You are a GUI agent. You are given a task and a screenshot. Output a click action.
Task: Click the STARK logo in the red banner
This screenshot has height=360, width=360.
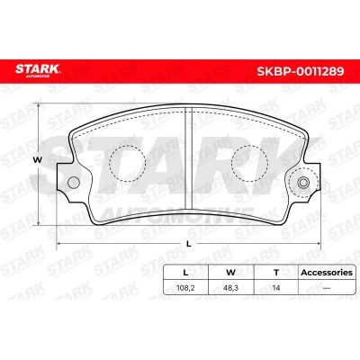[x=38, y=70]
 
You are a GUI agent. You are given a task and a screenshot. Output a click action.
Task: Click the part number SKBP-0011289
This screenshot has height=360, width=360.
[x=301, y=71]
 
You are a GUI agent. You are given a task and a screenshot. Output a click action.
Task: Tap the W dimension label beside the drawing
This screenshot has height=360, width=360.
[x=38, y=160]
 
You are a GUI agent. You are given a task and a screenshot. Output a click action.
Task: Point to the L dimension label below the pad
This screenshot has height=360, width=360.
[x=189, y=244]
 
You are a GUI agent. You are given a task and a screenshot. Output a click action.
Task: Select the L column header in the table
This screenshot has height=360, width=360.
[x=185, y=273]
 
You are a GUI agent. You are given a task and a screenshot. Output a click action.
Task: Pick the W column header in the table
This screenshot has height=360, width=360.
[x=230, y=273]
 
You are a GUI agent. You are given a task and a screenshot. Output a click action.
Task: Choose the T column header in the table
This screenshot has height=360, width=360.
[x=276, y=273]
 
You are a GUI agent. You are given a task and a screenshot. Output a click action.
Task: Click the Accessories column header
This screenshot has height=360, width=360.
[x=327, y=273]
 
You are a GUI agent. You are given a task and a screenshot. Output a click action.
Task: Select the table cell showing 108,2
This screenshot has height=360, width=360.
[x=185, y=288]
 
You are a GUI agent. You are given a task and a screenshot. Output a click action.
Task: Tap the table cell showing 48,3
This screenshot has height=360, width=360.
[x=231, y=288]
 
